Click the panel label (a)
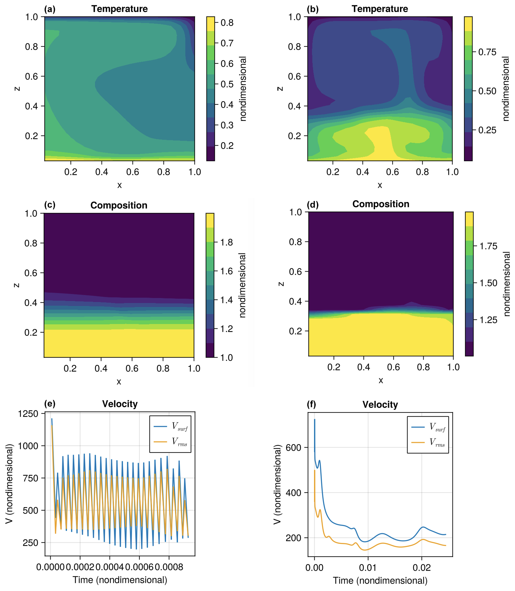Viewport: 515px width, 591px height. point(50,9)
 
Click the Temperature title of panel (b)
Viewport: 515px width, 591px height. point(380,9)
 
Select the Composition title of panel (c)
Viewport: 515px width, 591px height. point(119,205)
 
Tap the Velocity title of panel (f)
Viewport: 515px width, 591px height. point(380,405)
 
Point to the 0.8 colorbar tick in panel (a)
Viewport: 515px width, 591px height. point(227,23)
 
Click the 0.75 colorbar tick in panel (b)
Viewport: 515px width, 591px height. point(487,52)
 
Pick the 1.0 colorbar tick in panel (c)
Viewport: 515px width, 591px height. point(227,357)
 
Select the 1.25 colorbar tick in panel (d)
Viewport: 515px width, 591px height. point(488,320)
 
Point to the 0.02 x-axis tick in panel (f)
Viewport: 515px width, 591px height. point(422,568)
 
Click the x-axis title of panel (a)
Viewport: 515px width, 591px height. point(119,185)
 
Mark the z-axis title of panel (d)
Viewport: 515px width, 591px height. point(281,284)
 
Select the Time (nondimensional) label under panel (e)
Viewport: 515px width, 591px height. point(120,580)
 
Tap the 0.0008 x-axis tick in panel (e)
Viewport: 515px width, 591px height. point(169,567)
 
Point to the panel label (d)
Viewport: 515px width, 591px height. point(312,205)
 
